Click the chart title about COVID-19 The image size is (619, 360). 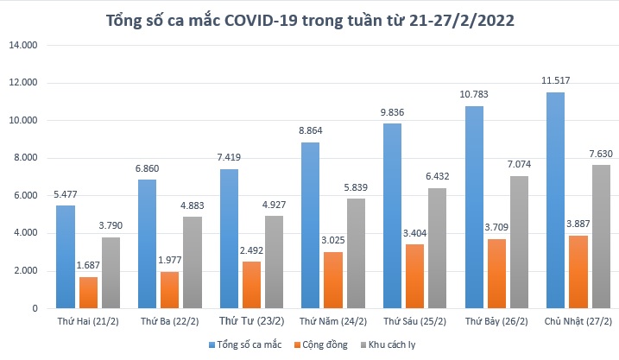pos(309,20)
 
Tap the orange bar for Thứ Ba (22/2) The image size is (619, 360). pos(171,289)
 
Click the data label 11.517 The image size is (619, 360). pos(555,82)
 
